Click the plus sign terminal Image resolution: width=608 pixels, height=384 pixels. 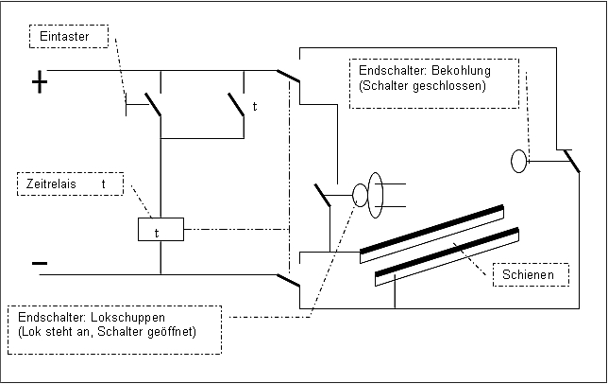[39, 83]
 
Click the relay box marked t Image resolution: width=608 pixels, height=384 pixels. [160, 230]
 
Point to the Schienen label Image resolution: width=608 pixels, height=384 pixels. [532, 274]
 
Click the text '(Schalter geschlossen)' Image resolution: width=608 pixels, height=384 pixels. [422, 86]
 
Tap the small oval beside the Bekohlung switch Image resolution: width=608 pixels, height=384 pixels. [518, 161]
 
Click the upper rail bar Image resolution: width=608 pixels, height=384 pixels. [431, 229]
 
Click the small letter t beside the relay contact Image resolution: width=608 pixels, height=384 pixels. [254, 106]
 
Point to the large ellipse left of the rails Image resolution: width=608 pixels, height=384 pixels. [375, 194]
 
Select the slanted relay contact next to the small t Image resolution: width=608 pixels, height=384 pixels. [236, 103]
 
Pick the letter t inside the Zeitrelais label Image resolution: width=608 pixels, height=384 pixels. [103, 183]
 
